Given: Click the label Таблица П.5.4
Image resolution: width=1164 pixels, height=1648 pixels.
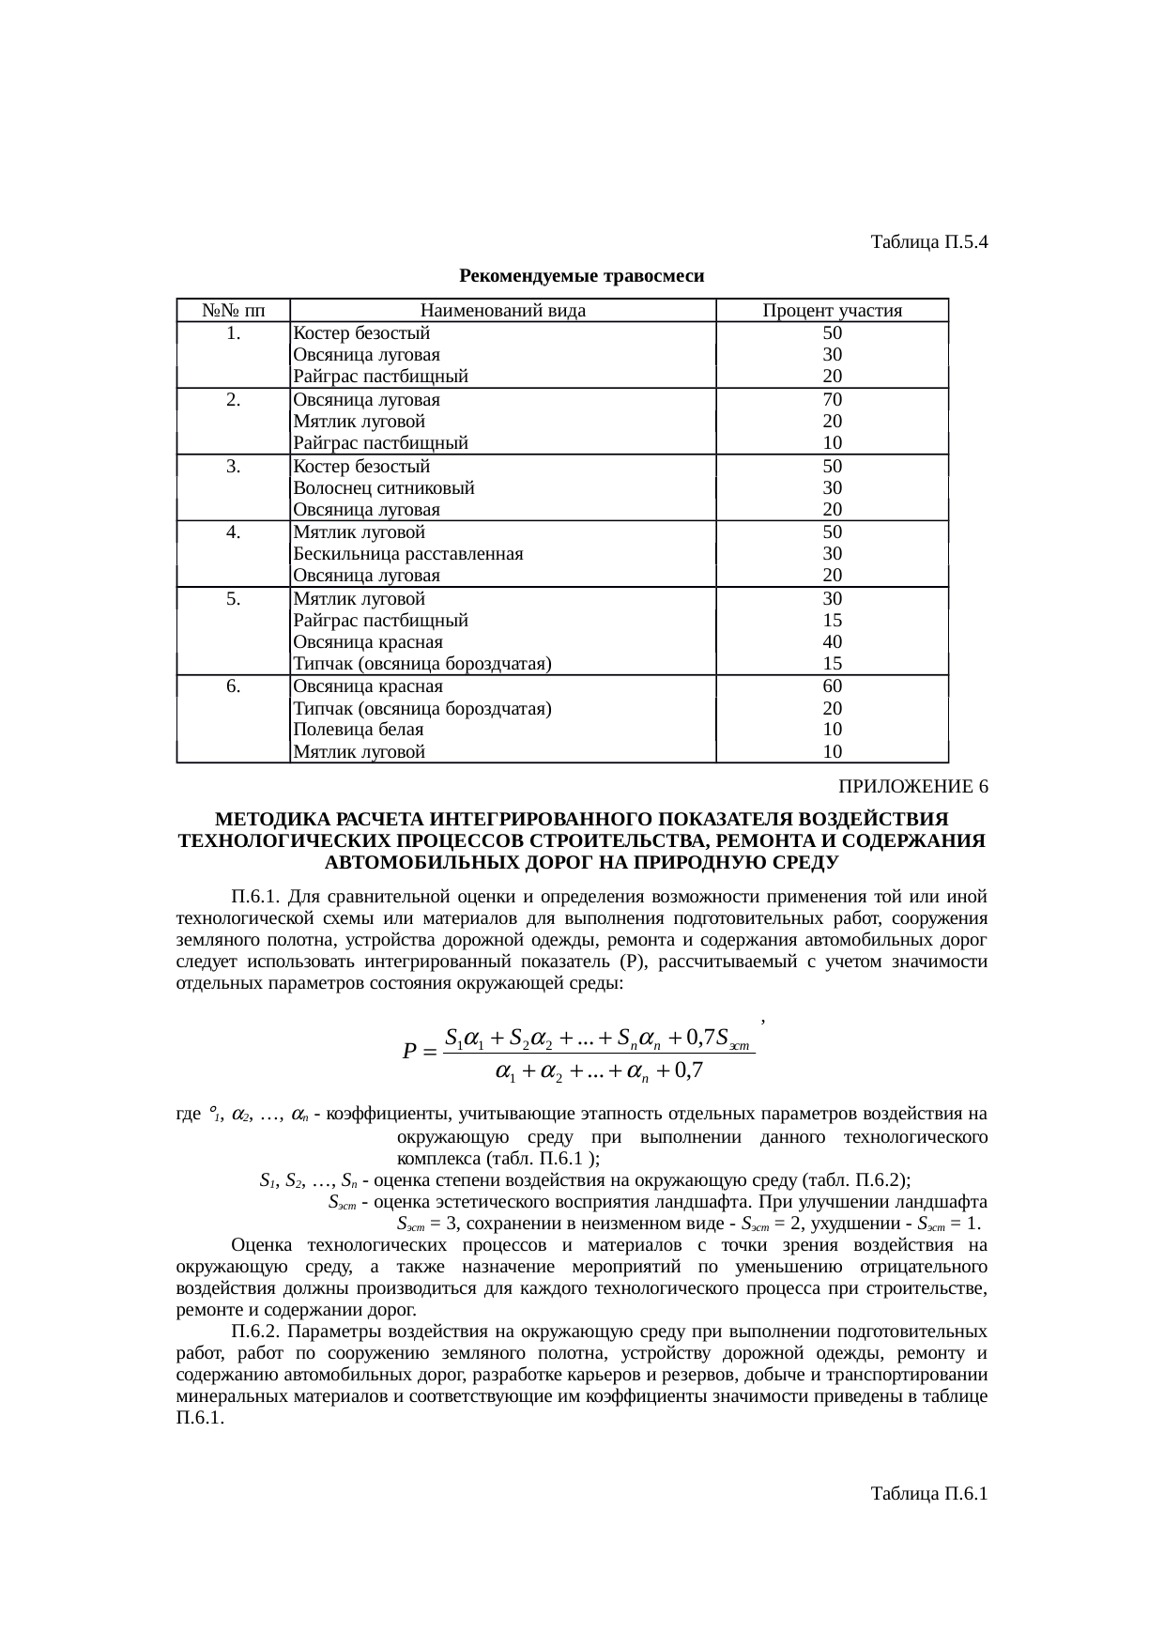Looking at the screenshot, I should coord(928,242).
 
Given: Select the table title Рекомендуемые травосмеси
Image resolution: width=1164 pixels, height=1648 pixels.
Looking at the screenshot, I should coord(582,276).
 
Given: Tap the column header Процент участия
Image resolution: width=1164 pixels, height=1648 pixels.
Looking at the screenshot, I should coord(832,311).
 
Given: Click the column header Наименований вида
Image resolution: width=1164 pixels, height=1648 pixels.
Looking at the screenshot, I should coord(502,311).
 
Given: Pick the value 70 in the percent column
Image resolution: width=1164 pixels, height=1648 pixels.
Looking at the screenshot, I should coord(832,399).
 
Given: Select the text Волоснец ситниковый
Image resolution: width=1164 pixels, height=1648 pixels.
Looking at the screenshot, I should coord(384,488).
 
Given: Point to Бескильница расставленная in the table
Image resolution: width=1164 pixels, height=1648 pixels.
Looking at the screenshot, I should coord(407,554).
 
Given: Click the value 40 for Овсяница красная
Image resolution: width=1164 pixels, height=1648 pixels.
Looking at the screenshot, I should coord(832,642).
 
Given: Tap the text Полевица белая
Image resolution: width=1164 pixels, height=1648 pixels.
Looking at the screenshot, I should coord(359,730).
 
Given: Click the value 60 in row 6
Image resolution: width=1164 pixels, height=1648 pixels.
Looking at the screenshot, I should coord(832,686).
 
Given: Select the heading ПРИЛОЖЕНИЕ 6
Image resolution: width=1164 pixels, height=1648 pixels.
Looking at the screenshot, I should coord(912,786).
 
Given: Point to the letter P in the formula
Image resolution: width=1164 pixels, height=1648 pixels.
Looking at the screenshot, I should coord(408,1052).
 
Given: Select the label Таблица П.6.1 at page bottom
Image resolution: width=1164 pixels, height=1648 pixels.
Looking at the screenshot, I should coord(928,1493).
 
